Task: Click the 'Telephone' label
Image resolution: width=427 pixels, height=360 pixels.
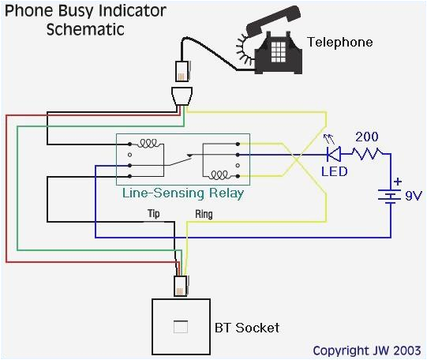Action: (x=339, y=42)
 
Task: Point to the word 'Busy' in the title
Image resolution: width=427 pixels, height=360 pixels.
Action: (x=84, y=11)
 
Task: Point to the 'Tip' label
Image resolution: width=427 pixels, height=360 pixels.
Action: (x=155, y=214)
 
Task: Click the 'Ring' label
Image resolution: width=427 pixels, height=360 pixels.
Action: (x=203, y=214)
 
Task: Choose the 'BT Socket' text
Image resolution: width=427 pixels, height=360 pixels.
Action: (x=247, y=327)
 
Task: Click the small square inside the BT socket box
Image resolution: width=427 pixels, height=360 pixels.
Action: (x=180, y=326)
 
